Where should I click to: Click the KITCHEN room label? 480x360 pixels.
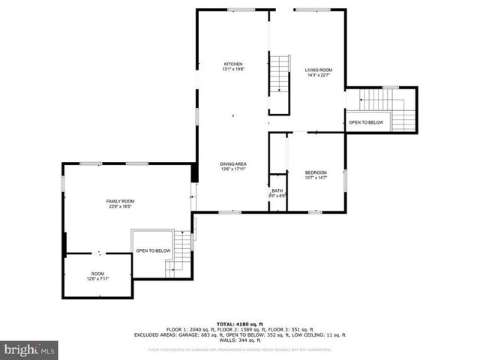232,64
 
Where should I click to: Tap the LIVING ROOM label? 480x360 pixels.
318,70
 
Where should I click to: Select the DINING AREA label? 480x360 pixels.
233,163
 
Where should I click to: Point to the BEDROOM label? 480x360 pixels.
316,172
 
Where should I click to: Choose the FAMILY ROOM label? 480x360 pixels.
120,201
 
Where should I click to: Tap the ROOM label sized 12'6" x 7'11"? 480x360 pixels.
98,274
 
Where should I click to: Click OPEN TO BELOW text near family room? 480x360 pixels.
153,250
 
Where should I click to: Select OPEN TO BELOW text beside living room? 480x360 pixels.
366,122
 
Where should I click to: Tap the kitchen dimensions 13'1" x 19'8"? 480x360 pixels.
232,70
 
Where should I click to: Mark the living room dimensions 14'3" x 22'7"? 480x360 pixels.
318,75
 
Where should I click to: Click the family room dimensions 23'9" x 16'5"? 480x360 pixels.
120,206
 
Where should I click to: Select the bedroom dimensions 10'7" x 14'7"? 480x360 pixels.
316,178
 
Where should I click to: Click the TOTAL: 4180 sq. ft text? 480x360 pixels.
239,323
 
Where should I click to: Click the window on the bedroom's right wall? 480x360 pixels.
345,181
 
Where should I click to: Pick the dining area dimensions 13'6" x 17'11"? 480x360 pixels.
233,169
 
